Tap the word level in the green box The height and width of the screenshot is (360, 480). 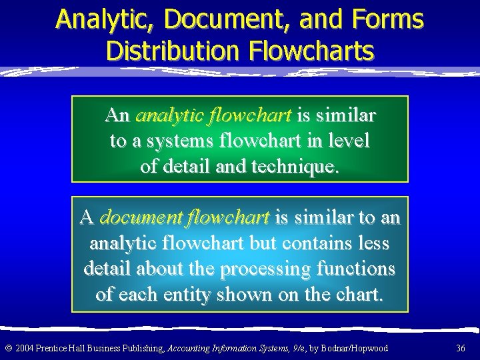pyautogui.click(x=347, y=141)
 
